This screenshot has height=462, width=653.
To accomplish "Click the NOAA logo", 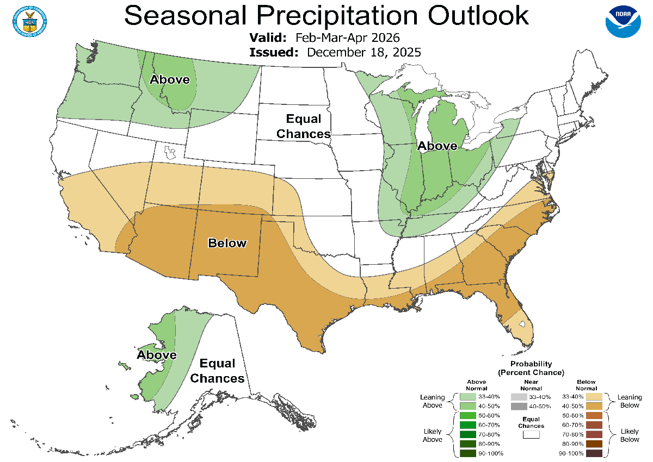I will (x=623, y=21).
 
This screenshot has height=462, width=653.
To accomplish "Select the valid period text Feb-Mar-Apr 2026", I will (x=348, y=38).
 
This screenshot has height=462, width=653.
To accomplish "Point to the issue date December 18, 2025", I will (x=364, y=52).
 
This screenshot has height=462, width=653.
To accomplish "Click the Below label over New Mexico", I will (x=227, y=243).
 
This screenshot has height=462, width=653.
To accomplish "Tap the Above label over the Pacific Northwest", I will (x=170, y=80).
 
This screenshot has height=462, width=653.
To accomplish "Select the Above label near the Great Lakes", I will (x=437, y=146).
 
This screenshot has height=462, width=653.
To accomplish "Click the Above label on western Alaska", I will (x=157, y=355).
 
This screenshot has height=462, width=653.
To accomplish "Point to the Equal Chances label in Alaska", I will (x=217, y=371).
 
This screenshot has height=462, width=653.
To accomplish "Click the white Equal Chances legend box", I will (x=531, y=434).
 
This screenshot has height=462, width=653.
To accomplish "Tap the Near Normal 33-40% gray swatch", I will (x=520, y=397).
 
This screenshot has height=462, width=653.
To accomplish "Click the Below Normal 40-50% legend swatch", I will (x=594, y=406).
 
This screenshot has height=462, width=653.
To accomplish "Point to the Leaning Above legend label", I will (x=433, y=401).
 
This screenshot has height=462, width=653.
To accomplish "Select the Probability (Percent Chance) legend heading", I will (x=531, y=368).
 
